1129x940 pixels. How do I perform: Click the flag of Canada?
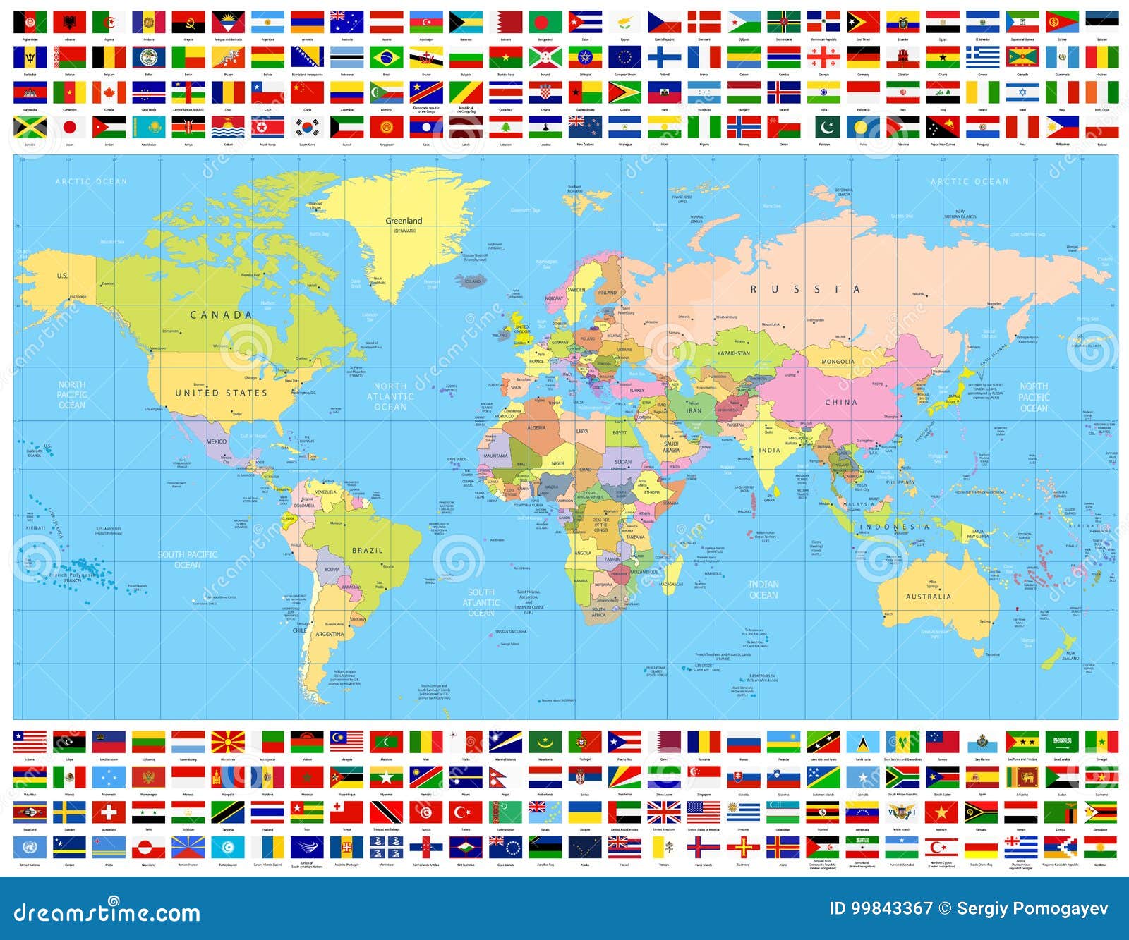[x=109, y=92]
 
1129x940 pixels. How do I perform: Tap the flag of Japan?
[x=70, y=128]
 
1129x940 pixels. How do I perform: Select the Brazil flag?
[x=387, y=57]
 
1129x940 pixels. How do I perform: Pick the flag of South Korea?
[x=308, y=128]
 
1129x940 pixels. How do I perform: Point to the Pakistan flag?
[x=823, y=128]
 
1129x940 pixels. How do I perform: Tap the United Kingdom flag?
[x=664, y=812]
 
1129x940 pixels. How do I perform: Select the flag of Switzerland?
[x=109, y=812]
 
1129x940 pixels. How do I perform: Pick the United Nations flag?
[x=30, y=847]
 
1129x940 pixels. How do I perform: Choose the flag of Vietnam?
[x=943, y=812]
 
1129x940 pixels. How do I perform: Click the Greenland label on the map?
[x=404, y=221]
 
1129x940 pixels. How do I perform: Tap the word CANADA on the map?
[x=221, y=315]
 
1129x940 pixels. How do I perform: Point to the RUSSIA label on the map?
[x=805, y=289]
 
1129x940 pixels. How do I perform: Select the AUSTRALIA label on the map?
[x=928, y=597]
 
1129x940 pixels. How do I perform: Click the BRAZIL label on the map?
[x=367, y=550]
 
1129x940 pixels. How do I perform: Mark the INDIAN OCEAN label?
[x=763, y=590]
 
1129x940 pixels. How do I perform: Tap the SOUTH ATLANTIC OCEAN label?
[x=481, y=603]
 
